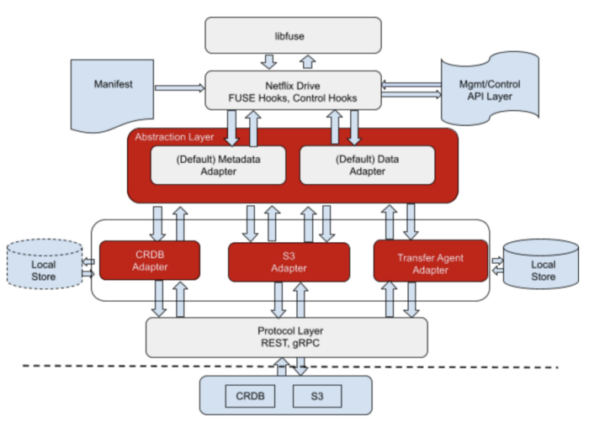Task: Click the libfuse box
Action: pyautogui.click(x=293, y=35)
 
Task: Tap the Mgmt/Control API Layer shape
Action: pyautogui.click(x=490, y=89)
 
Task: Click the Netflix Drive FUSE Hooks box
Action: pyautogui.click(x=293, y=91)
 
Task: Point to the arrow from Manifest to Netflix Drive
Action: pyautogui.click(x=179, y=88)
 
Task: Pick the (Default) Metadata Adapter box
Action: pyautogui.click(x=218, y=165)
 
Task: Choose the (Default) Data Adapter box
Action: pyautogui.click(x=368, y=165)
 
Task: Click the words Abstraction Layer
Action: pyautogui.click(x=174, y=137)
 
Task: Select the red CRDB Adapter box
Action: pyautogui.click(x=150, y=261)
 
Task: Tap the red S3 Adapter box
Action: pyautogui.click(x=289, y=262)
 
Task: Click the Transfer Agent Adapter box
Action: pyautogui.click(x=431, y=261)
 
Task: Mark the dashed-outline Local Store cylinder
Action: pyautogui.click(x=45, y=264)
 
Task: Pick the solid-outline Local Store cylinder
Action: pyautogui.click(x=541, y=264)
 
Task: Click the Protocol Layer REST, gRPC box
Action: pyautogui.click(x=287, y=337)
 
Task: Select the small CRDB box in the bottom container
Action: pyautogui.click(x=250, y=396)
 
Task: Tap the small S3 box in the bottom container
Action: pyautogui.click(x=317, y=396)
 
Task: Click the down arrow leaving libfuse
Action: pyautogui.click(x=269, y=62)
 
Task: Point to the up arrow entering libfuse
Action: pyautogui.click(x=308, y=62)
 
